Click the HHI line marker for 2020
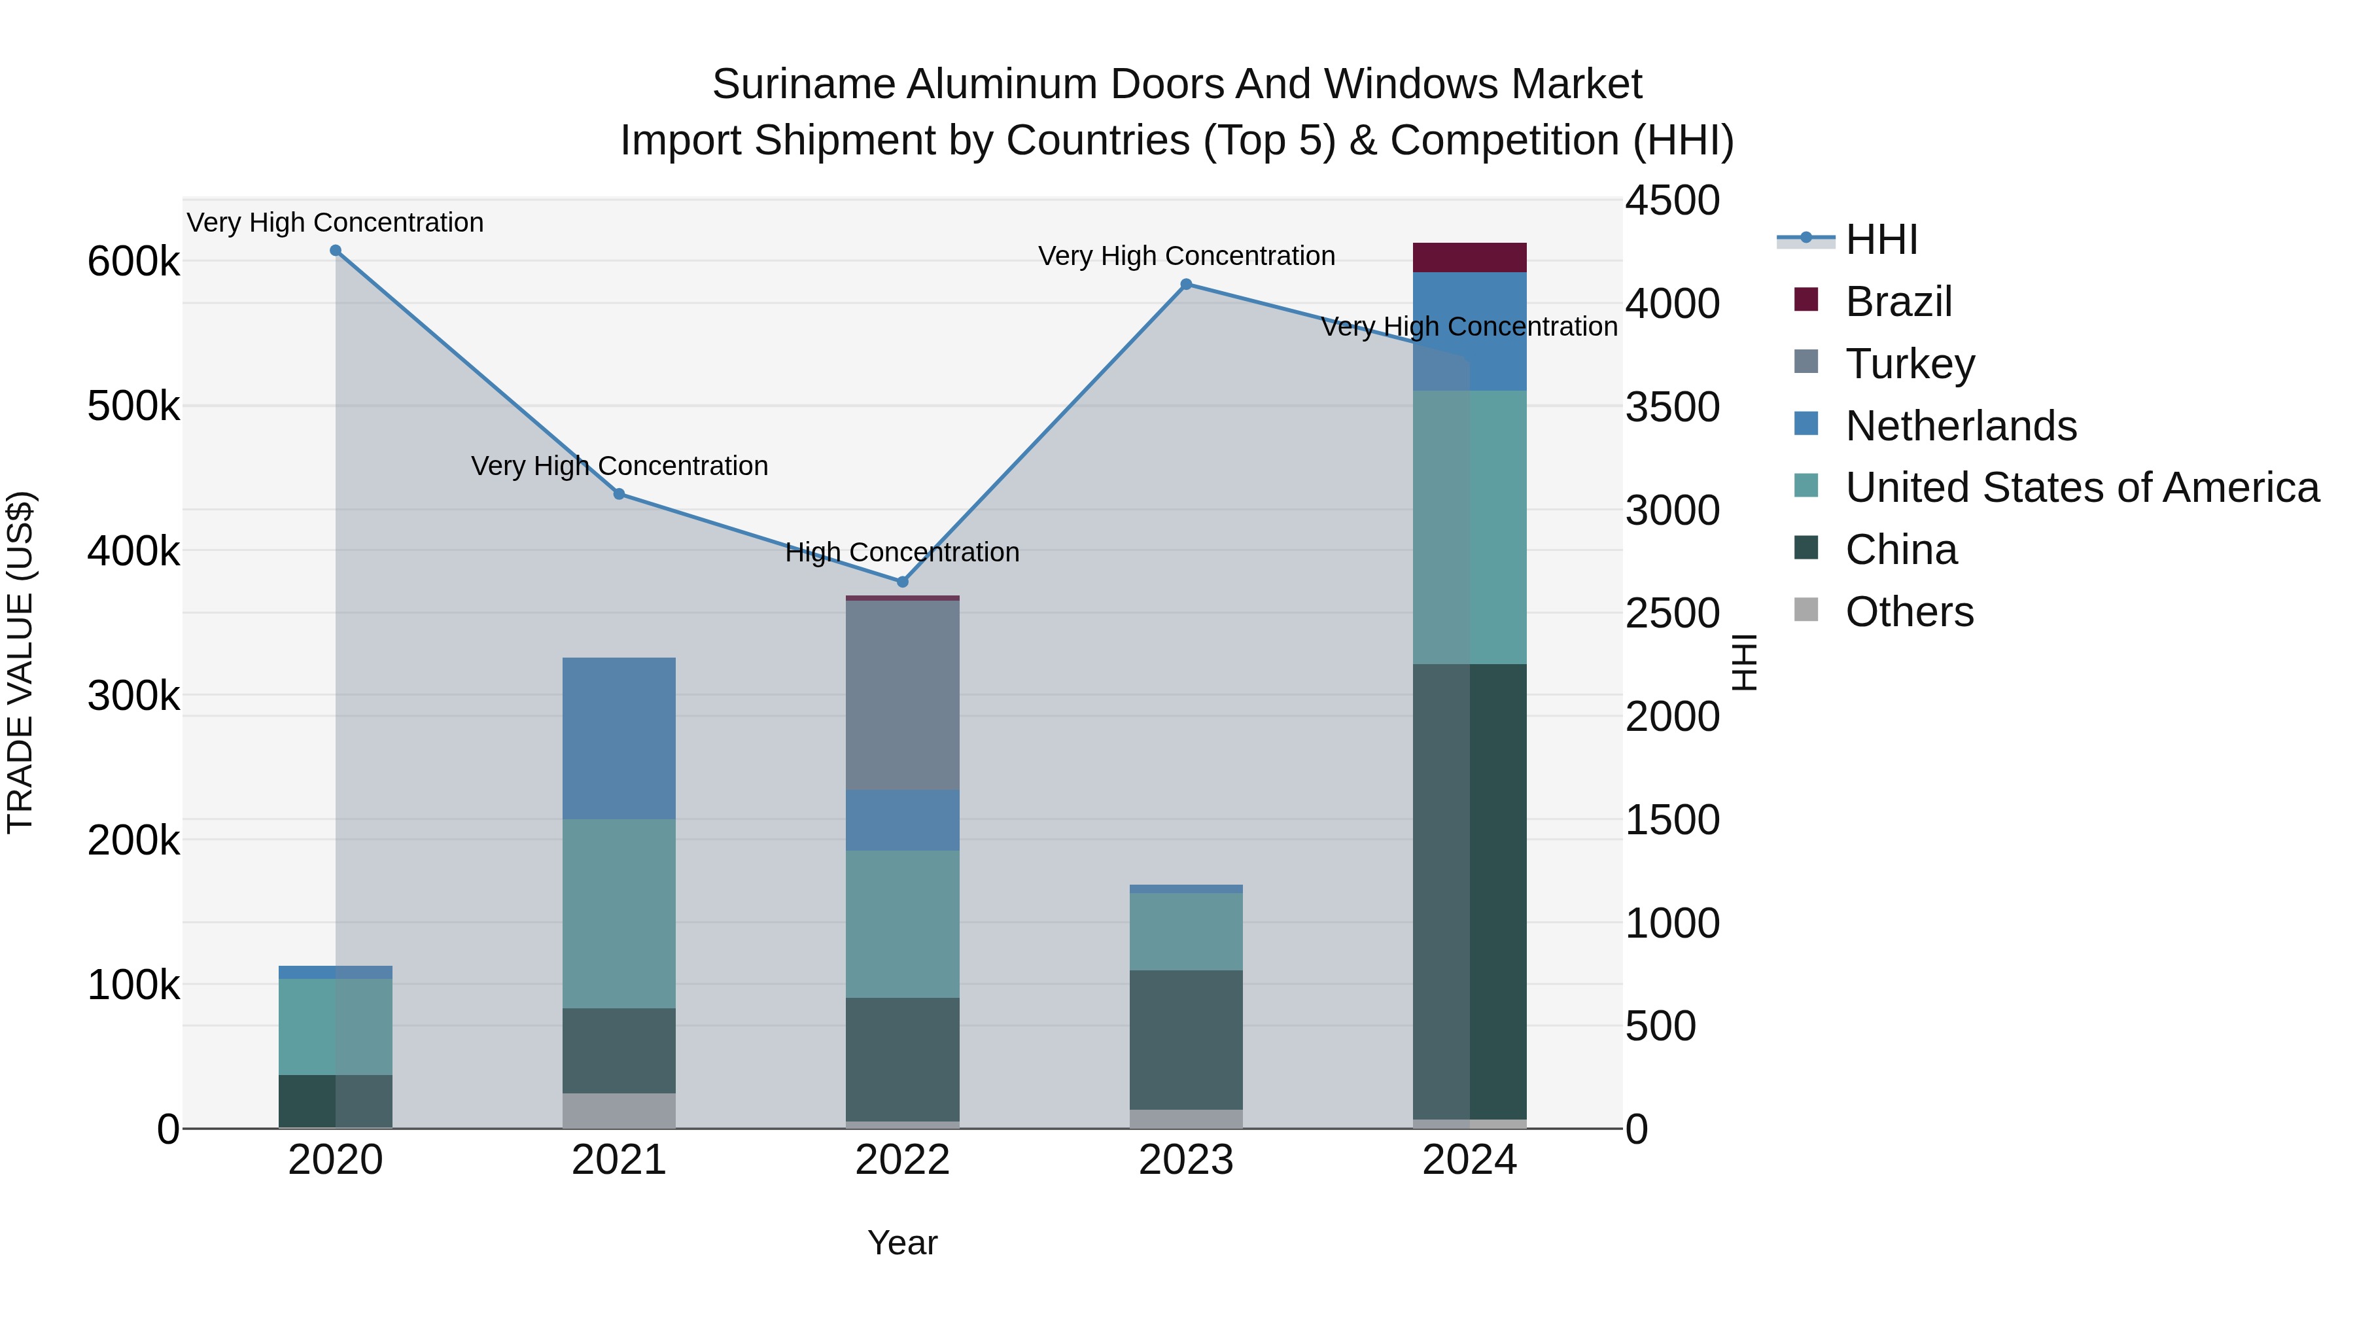tap(336, 251)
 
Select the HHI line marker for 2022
tap(902, 582)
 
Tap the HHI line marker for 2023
tap(1186, 285)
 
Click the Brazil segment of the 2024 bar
tap(1469, 258)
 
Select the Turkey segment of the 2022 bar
tap(902, 695)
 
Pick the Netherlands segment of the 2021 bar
tap(619, 738)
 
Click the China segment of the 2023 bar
tap(1186, 1040)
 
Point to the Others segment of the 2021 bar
tap(619, 1110)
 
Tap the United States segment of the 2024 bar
tap(1469, 527)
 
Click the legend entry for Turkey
tap(1910, 364)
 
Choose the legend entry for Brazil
tap(1898, 302)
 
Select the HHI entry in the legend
tap(1881, 239)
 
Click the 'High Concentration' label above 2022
tap(902, 552)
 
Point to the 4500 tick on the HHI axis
tap(1672, 201)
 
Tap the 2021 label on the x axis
tap(619, 1160)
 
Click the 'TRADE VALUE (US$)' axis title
tap(20, 662)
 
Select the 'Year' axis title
tap(902, 1243)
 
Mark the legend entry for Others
tap(1909, 612)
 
